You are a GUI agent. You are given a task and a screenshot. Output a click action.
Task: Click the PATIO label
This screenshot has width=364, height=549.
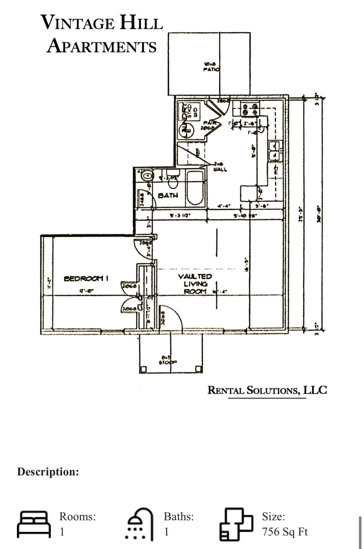[x=211, y=69]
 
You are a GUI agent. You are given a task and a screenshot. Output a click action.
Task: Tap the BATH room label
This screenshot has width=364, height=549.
[x=168, y=195]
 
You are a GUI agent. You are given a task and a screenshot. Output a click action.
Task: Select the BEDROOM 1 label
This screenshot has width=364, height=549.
[x=86, y=279]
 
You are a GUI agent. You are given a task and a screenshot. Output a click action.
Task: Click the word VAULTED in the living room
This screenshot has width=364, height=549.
[x=195, y=276]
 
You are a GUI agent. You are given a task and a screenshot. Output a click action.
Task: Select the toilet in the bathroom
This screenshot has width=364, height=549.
[x=173, y=182]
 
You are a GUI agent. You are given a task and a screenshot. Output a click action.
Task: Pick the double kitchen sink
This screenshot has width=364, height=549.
[x=274, y=151]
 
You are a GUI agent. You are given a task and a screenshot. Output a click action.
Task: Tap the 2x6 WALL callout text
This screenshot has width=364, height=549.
[x=220, y=167]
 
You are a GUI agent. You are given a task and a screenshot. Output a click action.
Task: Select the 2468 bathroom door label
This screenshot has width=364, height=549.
[x=142, y=199]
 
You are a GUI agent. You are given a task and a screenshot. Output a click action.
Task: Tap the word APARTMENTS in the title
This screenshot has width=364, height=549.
[x=102, y=46]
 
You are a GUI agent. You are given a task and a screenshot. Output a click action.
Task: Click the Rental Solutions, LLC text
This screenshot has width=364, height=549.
[x=267, y=390]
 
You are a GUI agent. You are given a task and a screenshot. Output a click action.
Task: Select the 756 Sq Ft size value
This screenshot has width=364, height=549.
[x=285, y=532]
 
